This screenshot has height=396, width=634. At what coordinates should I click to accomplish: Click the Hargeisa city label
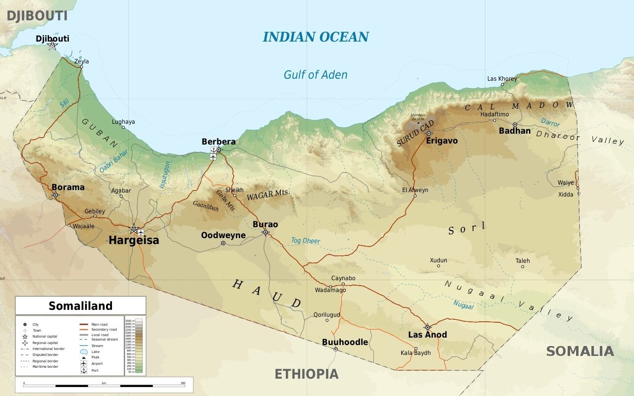pos(134,241)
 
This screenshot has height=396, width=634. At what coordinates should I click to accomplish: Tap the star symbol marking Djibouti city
pos(53,46)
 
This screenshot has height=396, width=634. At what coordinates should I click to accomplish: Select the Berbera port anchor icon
pos(213,149)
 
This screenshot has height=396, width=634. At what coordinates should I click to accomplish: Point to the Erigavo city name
pos(442,141)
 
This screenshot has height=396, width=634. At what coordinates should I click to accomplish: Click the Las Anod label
pos(427,335)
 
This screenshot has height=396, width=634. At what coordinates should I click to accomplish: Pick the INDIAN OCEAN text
pos(316,37)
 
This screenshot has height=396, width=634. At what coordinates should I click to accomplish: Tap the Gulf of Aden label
pos(316,75)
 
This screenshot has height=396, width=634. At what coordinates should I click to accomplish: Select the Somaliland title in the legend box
pos(80,306)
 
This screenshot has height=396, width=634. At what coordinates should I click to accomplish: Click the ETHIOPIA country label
pos(307,374)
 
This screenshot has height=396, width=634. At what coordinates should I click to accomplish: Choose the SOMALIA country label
pos(580,351)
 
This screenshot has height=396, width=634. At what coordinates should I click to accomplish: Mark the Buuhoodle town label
pos(345,342)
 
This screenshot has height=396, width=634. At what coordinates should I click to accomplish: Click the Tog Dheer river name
pos(305,241)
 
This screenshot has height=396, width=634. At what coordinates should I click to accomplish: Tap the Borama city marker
pos(55,195)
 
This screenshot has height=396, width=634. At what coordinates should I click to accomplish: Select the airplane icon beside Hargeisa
pos(141,232)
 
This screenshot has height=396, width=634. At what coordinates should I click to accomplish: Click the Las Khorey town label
pos(502,79)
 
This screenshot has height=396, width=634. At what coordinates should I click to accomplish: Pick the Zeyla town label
pos(82,61)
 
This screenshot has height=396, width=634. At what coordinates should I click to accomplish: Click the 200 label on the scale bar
pos(183,383)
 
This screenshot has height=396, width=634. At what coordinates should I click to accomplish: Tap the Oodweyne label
pos(223,236)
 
